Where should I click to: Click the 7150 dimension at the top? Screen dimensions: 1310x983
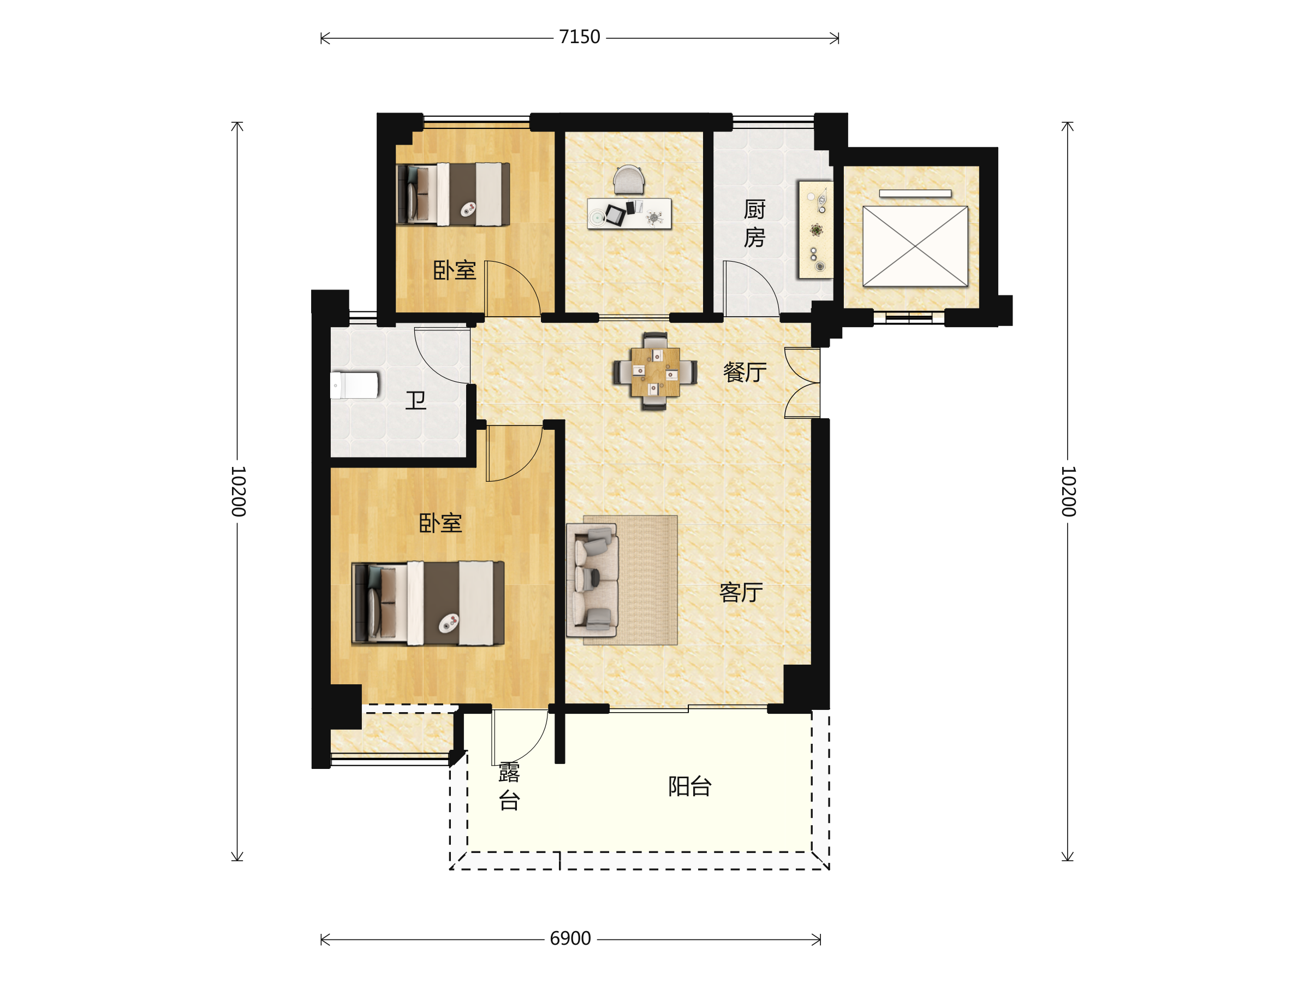(x=579, y=37)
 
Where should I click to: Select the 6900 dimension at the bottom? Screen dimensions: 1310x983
(x=570, y=939)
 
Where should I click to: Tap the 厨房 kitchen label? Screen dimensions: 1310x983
(x=754, y=223)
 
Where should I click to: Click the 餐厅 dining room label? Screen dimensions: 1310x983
(x=745, y=372)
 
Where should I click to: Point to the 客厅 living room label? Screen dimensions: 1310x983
(x=741, y=592)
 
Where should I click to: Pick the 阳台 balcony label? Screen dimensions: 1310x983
(x=690, y=786)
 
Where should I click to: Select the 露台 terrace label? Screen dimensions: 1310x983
(x=509, y=786)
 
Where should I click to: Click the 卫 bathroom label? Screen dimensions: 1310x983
(x=416, y=400)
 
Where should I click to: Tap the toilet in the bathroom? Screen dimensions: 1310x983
(x=354, y=385)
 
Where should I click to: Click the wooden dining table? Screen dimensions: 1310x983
(x=655, y=371)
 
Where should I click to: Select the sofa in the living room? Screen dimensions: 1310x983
(x=592, y=580)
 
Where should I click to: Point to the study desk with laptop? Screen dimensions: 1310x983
(x=629, y=214)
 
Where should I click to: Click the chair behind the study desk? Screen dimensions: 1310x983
(x=628, y=180)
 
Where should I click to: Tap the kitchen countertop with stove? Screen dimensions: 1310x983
(x=815, y=229)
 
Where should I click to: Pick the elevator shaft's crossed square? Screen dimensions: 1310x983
(x=915, y=246)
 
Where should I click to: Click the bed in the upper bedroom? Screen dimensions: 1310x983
(x=453, y=194)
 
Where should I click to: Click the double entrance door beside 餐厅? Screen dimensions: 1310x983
(x=802, y=383)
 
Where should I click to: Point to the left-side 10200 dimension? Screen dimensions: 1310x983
(x=237, y=490)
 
